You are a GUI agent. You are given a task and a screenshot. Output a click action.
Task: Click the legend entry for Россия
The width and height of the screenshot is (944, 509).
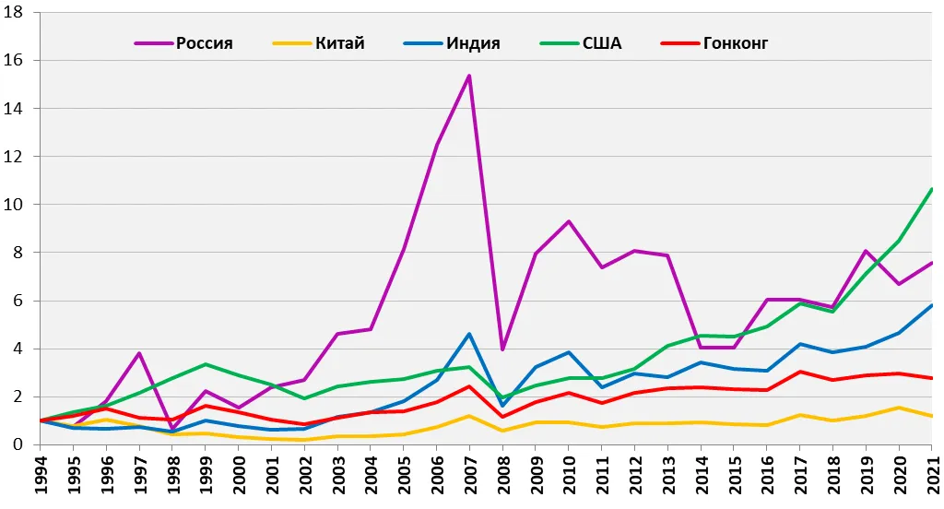pyautogui.click(x=183, y=43)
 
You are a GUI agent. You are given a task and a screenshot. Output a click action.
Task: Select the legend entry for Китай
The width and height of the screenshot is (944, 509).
pyautogui.click(x=318, y=43)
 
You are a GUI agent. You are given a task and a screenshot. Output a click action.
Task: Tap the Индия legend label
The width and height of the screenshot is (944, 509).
pyautogui.click(x=452, y=43)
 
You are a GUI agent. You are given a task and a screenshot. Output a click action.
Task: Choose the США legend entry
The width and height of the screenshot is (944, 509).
pyautogui.click(x=581, y=43)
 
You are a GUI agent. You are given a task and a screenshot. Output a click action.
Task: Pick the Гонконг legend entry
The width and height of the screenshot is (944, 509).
pyautogui.click(x=714, y=43)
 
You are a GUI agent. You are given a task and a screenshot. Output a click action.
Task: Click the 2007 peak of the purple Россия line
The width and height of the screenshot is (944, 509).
pyautogui.click(x=469, y=76)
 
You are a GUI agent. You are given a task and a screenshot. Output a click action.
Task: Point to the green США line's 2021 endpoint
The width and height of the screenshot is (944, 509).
pyautogui.click(x=931, y=189)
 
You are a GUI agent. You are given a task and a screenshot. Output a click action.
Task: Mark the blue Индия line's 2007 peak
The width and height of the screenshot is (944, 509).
pyautogui.click(x=469, y=334)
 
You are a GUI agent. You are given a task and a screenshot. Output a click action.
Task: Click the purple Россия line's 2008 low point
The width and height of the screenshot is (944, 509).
pyautogui.click(x=502, y=349)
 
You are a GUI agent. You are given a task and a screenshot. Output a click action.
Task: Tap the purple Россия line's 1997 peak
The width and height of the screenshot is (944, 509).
pyautogui.click(x=139, y=353)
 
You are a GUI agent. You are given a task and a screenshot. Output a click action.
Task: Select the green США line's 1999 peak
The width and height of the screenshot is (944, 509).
pyautogui.click(x=206, y=364)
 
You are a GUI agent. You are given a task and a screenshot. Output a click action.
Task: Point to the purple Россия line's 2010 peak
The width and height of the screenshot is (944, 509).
pyautogui.click(x=568, y=221)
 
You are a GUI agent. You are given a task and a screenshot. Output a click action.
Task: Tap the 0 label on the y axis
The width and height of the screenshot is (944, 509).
pyautogui.click(x=18, y=444)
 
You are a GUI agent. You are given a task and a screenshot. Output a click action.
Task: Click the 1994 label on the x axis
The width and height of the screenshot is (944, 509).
pyautogui.click(x=41, y=475)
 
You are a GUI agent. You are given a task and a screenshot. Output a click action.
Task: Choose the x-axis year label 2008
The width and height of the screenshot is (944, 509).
pyautogui.click(x=502, y=475)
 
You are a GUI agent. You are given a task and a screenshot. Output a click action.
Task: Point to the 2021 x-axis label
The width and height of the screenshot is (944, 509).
pyautogui.click(x=932, y=475)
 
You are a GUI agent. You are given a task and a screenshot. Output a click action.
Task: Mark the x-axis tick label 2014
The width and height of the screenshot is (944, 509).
pyautogui.click(x=701, y=475)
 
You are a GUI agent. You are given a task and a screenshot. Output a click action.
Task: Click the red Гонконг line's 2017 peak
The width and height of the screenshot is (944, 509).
pyautogui.click(x=799, y=372)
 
